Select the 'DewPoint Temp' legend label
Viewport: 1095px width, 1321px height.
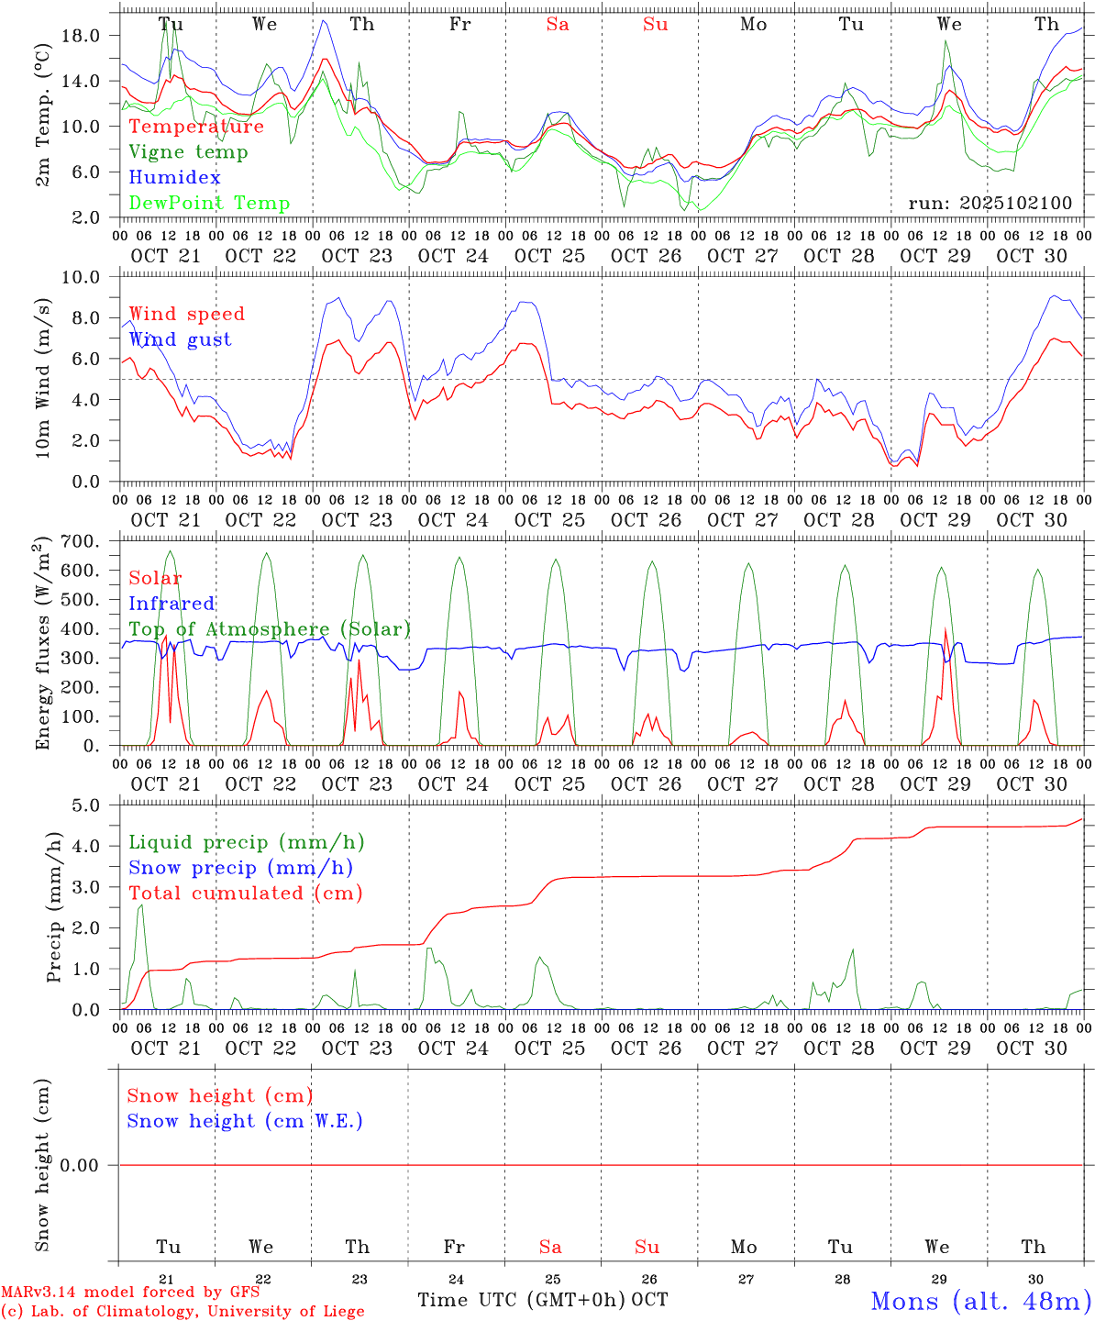click(x=209, y=204)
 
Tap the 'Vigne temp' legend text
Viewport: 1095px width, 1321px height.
click(x=188, y=152)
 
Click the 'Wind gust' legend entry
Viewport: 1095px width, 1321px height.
click(x=180, y=339)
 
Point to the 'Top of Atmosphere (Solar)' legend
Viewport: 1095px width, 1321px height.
click(x=270, y=629)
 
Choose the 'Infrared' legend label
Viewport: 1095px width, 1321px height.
click(x=171, y=604)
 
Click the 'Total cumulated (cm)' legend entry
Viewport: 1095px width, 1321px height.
click(x=246, y=894)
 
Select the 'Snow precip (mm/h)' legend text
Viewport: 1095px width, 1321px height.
click(x=240, y=868)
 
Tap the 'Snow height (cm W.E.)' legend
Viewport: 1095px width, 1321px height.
click(x=245, y=1121)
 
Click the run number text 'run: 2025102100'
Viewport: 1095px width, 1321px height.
click(x=990, y=204)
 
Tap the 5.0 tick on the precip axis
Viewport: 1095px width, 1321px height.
click(x=85, y=805)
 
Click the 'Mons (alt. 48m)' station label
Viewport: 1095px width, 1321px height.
click(x=980, y=1301)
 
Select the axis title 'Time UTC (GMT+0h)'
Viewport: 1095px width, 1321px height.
click(x=522, y=1300)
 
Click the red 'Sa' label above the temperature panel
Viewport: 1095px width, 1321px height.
click(x=558, y=25)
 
